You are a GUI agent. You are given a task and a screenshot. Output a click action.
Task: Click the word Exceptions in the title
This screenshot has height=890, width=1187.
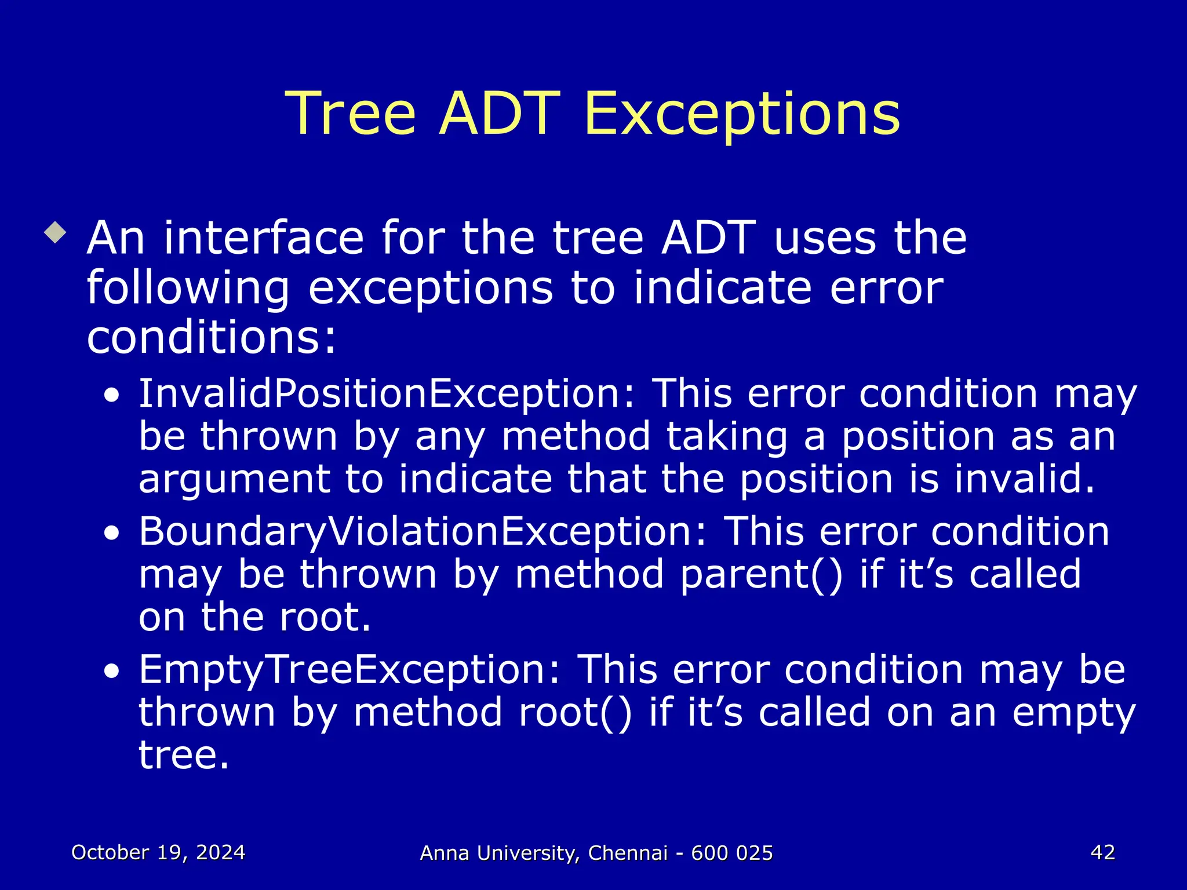[x=742, y=114]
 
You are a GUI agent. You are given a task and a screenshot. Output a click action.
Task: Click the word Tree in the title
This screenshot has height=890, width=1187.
[x=351, y=114]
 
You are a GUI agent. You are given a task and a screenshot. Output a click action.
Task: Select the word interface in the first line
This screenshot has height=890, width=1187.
[x=264, y=238]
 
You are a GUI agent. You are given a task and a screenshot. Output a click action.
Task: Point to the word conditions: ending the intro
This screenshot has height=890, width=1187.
[x=211, y=338]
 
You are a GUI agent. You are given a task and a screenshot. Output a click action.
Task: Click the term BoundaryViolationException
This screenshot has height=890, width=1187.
[x=423, y=532]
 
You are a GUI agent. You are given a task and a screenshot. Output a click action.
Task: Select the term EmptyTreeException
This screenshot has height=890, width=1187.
[x=349, y=670]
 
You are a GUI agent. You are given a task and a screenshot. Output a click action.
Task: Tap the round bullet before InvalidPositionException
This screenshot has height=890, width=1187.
[x=112, y=397]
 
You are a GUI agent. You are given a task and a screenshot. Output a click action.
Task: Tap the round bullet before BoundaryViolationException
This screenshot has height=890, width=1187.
[x=112, y=534]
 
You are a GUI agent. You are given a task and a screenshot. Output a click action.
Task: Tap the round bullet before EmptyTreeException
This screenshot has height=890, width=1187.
[x=112, y=672]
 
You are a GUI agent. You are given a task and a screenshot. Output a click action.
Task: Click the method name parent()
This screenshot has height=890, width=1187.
[x=762, y=575]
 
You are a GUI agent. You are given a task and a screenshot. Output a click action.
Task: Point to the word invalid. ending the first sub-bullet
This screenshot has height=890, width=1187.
[x=1025, y=480]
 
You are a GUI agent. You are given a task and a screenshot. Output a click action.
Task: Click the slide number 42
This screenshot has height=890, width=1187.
[x=1102, y=852]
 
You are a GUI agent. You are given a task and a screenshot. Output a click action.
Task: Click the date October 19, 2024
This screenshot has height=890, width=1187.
[x=158, y=853]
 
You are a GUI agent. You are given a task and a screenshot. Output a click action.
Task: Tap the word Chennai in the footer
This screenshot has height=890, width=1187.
[x=628, y=853]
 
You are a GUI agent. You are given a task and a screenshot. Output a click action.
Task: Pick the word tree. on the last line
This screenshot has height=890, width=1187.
[x=184, y=755]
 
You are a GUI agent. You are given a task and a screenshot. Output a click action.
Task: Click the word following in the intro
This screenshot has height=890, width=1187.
[x=188, y=289]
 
